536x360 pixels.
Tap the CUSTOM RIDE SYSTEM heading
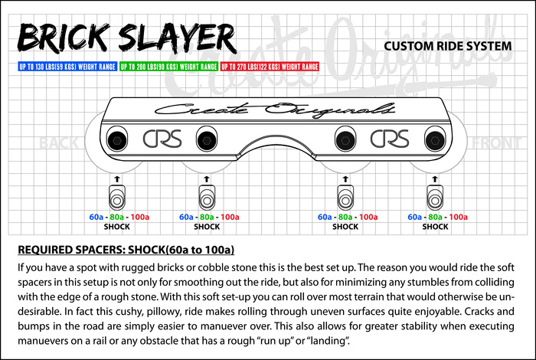(448, 46)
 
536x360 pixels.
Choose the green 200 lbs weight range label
(168, 67)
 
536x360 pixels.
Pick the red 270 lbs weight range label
(270, 67)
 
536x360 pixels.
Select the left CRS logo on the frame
(162, 139)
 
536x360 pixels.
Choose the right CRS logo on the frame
(388, 139)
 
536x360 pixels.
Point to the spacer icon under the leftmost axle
(116, 198)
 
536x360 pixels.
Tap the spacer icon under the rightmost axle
(436, 198)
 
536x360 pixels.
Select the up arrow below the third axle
(345, 178)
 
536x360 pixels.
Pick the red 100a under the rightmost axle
(458, 217)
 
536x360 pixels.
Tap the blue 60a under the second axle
(186, 217)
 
